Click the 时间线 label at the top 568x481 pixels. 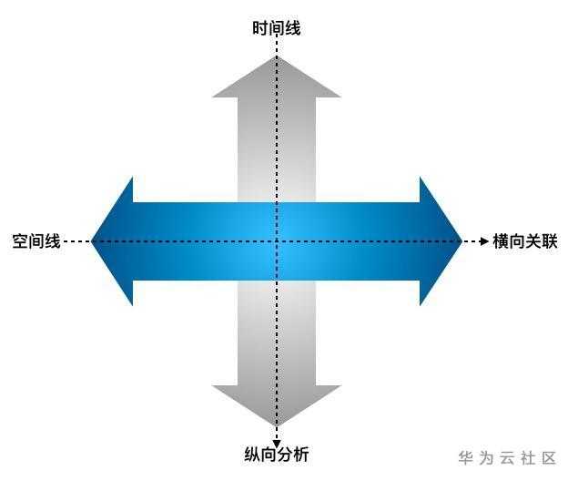pyautogui.click(x=277, y=29)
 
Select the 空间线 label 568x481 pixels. pyautogui.click(x=36, y=242)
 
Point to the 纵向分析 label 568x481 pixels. pyautogui.click(x=277, y=454)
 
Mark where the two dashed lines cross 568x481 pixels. pyautogui.click(x=277, y=241)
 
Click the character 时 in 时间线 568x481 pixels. pyautogui.click(x=260, y=29)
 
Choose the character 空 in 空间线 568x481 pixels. pyautogui.click(x=20, y=242)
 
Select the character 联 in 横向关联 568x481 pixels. pyautogui.click(x=549, y=242)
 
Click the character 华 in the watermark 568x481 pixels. pyautogui.click(x=466, y=457)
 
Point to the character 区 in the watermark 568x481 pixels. pyautogui.click(x=548, y=457)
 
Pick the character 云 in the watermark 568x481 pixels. pyautogui.click(x=507, y=457)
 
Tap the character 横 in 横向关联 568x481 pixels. pyautogui.click(x=501, y=242)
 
